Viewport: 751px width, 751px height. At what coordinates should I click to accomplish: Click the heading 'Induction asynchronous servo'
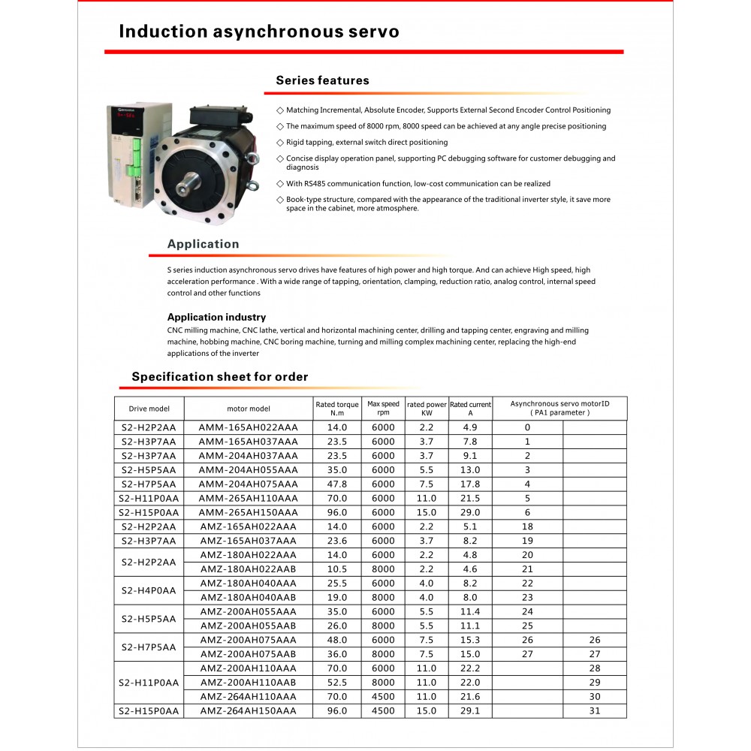click(259, 32)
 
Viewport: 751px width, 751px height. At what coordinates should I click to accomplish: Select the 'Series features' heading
click(322, 80)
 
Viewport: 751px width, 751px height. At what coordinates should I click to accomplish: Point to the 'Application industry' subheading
click(216, 317)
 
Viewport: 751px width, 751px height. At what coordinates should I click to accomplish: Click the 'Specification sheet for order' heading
click(219, 377)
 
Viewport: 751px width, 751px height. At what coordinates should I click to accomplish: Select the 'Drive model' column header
click(149, 409)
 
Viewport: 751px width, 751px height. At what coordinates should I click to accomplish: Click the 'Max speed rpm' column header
click(383, 409)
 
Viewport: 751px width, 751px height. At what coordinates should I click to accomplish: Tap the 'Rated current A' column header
click(470, 409)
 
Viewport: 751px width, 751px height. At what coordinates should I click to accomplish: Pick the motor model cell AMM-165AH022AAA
click(248, 427)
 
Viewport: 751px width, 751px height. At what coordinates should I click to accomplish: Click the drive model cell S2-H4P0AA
click(149, 590)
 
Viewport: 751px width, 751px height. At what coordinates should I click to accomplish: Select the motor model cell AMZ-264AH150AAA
click(248, 711)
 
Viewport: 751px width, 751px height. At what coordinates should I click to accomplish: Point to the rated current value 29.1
click(470, 711)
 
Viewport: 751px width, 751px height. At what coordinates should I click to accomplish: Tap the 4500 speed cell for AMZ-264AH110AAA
click(383, 697)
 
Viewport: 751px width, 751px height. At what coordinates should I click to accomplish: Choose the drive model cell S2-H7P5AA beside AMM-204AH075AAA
click(149, 484)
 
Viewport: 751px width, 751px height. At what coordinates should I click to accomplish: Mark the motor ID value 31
click(595, 711)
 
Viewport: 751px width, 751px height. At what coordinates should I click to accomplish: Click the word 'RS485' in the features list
click(315, 184)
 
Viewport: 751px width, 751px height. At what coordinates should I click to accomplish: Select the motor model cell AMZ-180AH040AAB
click(248, 598)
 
